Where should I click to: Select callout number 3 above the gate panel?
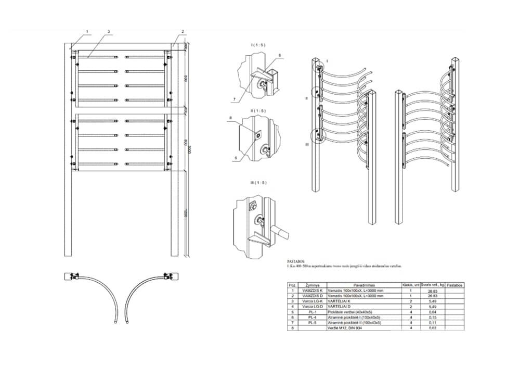108,32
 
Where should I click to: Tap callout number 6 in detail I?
279,55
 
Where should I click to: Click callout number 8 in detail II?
230,120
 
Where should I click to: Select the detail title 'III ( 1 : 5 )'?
258,182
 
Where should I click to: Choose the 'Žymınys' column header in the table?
313,285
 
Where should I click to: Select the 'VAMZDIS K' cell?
313,291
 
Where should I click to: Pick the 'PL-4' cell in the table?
313,317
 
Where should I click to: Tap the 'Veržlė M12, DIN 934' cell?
346,328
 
